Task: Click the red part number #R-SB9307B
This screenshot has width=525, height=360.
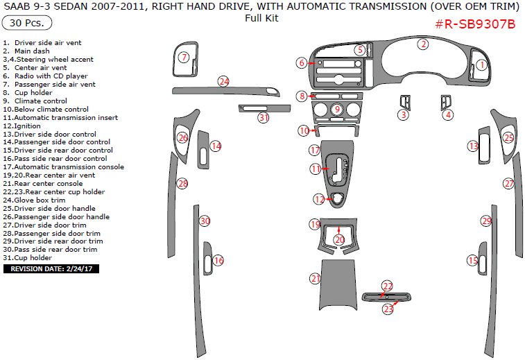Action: tap(475, 24)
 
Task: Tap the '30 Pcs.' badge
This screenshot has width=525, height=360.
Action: tap(27, 23)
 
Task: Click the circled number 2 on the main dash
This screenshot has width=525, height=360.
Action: tap(422, 44)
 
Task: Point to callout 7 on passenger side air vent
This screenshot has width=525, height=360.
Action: tap(184, 57)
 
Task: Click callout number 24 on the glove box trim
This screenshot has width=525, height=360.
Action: tap(223, 81)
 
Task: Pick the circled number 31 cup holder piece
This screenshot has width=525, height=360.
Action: tap(264, 117)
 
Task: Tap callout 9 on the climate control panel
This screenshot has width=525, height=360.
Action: tap(336, 109)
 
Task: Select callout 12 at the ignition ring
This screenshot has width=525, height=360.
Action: tap(319, 199)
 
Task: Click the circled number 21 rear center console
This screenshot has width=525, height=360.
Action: tap(316, 278)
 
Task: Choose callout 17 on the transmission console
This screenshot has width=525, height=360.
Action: tap(314, 150)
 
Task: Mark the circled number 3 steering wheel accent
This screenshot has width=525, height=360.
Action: tap(403, 114)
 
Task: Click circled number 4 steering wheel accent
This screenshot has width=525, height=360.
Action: tap(448, 114)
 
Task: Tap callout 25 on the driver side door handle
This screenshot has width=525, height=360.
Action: tap(508, 138)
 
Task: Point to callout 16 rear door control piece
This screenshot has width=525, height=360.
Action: tap(218, 260)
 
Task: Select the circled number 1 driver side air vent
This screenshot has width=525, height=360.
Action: tap(481, 65)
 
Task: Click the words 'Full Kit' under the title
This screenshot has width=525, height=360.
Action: tap(261, 18)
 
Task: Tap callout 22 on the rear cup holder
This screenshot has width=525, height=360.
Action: tap(387, 286)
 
